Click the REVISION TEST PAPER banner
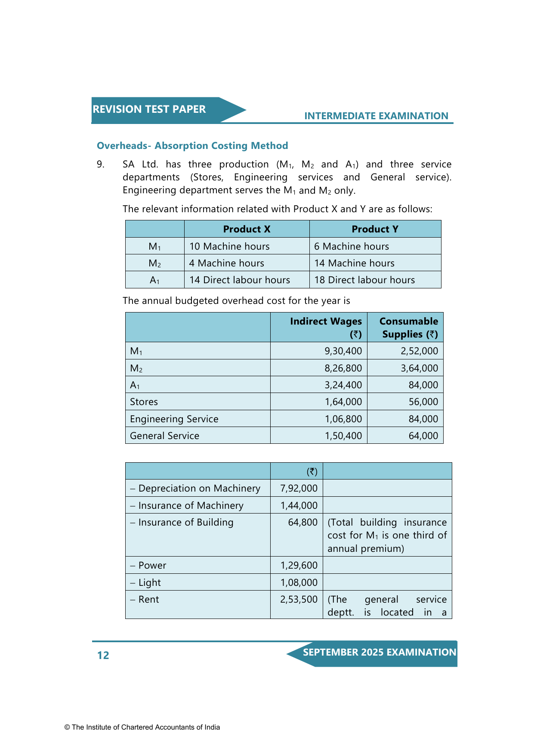pos(149,109)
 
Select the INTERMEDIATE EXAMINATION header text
pos(376,116)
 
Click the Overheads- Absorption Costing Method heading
pos(192,146)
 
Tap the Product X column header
pos(247,229)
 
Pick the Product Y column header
pos(375,229)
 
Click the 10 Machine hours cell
pos(229,246)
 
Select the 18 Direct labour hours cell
pos(364,280)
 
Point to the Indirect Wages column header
pos(326,328)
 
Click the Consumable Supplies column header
pos(408,328)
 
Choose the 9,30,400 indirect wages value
pos(343,351)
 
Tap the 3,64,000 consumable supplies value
pos(419,368)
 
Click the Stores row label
pos(144,402)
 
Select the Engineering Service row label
pos(174,419)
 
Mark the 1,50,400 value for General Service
pos(343,436)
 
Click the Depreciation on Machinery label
pos(199,489)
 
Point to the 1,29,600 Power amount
pos(299,566)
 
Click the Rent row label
pos(148,600)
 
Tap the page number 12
pos(103,656)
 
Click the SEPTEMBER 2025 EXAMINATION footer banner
pos(379,653)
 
